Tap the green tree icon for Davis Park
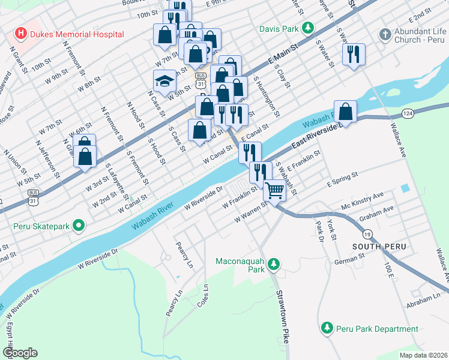[308, 28]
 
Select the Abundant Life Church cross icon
[384, 34]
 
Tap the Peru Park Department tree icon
[327, 328]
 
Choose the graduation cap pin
[164, 80]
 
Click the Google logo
[20, 353]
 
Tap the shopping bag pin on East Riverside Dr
[345, 111]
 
